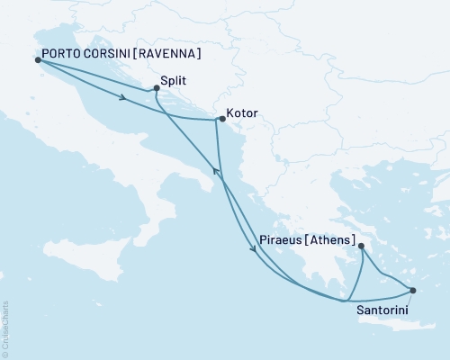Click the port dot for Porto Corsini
(38, 59)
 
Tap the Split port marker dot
(157, 88)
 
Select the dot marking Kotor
(221, 119)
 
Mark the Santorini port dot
(413, 290)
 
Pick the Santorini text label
(387, 310)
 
